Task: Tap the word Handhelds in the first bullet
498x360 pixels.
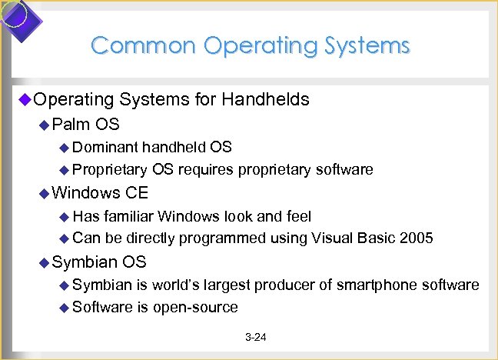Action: point(266,99)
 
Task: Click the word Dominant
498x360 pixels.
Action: point(106,147)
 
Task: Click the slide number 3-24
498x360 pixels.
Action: point(255,338)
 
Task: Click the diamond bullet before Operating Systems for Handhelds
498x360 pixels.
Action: point(23,99)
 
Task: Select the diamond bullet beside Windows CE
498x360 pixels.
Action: point(44,193)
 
